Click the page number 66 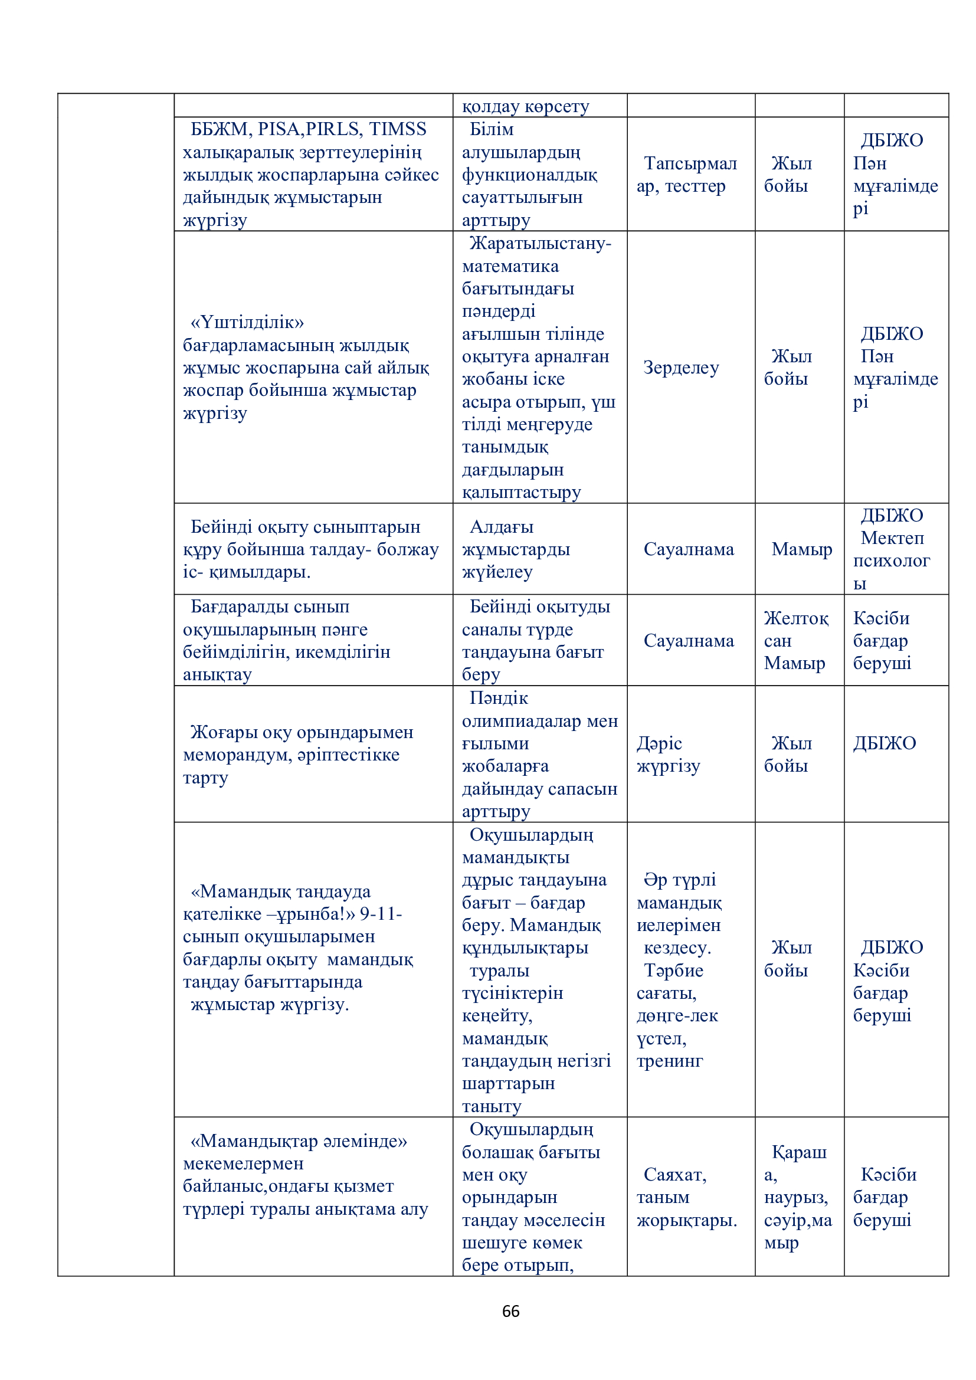[510, 1311]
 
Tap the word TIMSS [397, 129]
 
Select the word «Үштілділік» [247, 323]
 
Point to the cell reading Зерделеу [681, 367]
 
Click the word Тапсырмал [690, 163]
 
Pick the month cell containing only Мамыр [802, 549]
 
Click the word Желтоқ [795, 618]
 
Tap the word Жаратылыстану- [541, 244]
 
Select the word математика [510, 266]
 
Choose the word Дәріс [659, 743]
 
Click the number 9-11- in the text [381, 914]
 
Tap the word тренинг [670, 1061]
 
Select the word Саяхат [674, 1175]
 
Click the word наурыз [795, 1197]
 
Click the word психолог [891, 560]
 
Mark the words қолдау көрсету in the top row [525, 106]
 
